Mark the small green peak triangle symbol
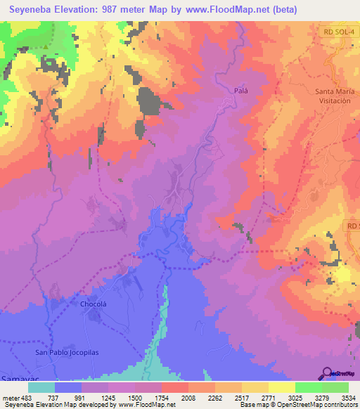(46, 47)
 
